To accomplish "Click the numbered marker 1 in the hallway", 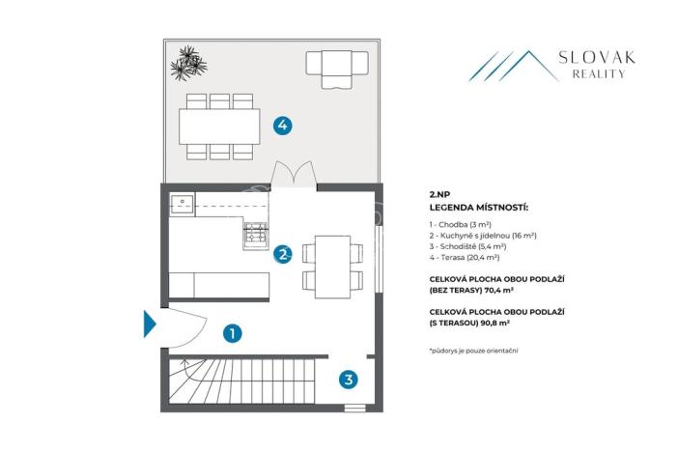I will tap(232, 333).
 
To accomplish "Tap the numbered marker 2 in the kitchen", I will tap(283, 255).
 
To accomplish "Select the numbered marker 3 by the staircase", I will tap(348, 380).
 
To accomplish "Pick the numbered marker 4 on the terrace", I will tap(282, 125).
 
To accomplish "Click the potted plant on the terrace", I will tap(188, 64).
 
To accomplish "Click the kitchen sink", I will tap(182, 204).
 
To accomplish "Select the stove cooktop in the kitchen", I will tap(254, 233).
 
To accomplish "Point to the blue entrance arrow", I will tap(149, 324).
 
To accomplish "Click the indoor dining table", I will tap(332, 265).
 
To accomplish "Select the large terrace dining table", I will tap(219, 125).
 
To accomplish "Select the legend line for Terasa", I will tap(464, 258).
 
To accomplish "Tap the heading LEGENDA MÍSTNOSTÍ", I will tap(479, 207).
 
